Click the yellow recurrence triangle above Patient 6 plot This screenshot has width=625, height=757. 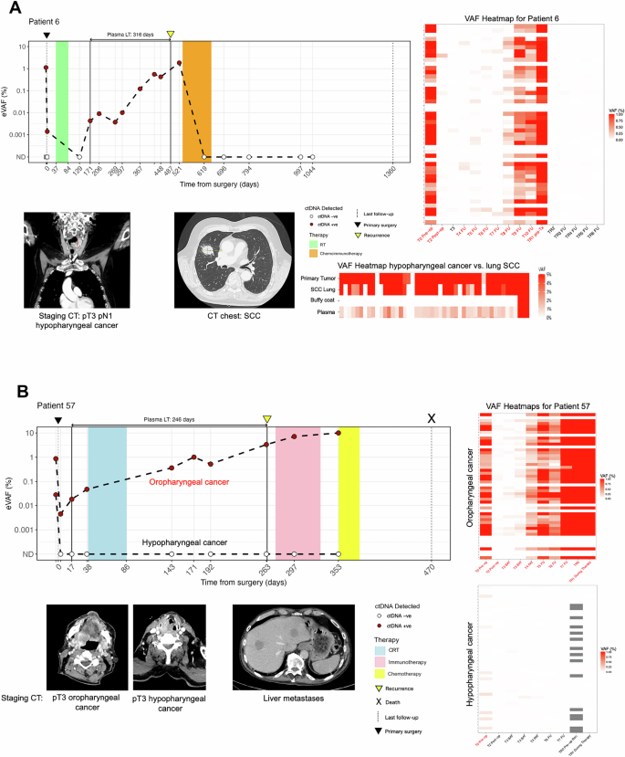[x=171, y=35]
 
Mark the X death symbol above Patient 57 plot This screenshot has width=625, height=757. [x=432, y=417]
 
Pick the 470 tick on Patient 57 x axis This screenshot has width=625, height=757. [x=432, y=568]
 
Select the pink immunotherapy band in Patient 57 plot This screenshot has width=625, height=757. [x=297, y=489]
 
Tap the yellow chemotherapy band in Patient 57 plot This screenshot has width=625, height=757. [x=349, y=489]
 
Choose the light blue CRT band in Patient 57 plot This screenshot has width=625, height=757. [x=107, y=489]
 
